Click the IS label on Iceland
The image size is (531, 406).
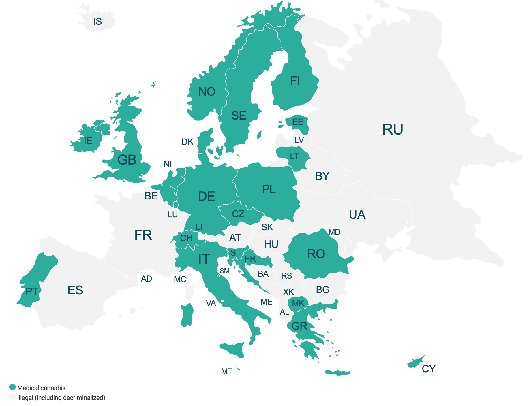coord(97,22)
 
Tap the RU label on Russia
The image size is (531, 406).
coord(393,129)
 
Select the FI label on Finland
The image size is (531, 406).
coord(295,81)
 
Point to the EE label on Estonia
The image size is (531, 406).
coord(298,122)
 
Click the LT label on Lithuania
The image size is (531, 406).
coord(294,157)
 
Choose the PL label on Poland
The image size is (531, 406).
coord(269,190)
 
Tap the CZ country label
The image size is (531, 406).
coord(238,214)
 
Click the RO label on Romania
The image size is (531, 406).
coord(316,254)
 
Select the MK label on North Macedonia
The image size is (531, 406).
coord(298,303)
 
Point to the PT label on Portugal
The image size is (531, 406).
coord(32,292)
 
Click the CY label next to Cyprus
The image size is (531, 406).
coord(429,369)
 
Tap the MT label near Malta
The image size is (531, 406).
coord(227,372)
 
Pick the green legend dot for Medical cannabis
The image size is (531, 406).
coord(12,387)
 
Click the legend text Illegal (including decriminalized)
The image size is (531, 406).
coord(61,398)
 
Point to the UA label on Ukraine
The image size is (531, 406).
coord(357,215)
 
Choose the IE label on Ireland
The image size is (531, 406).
coord(88,141)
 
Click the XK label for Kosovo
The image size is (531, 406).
coord(288,292)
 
